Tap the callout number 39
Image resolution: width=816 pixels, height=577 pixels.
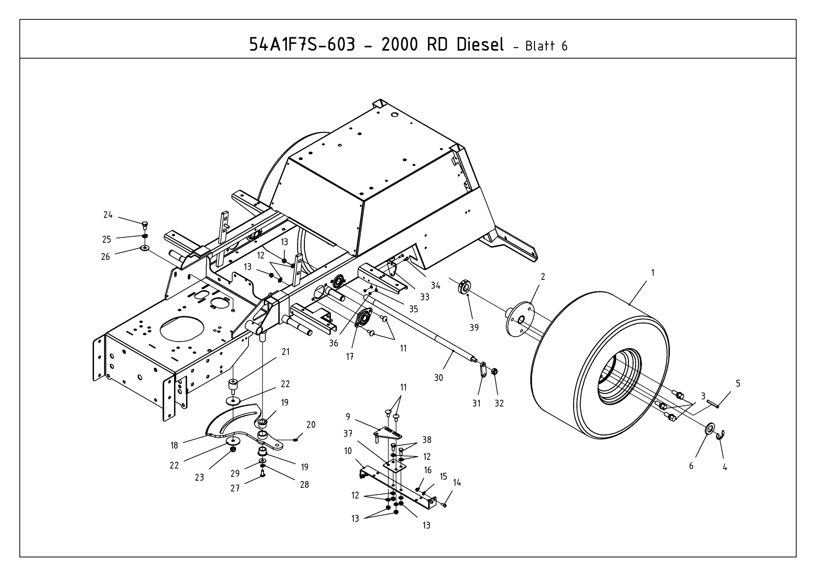pyautogui.click(x=474, y=328)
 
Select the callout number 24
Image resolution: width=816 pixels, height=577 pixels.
pyautogui.click(x=108, y=215)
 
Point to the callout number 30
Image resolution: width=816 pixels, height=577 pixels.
pyautogui.click(x=439, y=377)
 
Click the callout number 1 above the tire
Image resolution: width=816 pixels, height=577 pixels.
pyautogui.click(x=652, y=273)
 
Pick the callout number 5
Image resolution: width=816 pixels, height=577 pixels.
pyautogui.click(x=738, y=384)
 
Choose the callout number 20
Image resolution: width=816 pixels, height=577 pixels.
pyautogui.click(x=311, y=425)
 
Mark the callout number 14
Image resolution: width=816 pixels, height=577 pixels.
pyautogui.click(x=457, y=482)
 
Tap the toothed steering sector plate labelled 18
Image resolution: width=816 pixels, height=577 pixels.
pyautogui.click(x=228, y=425)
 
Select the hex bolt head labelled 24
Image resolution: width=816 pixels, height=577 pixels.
pyautogui.click(x=145, y=224)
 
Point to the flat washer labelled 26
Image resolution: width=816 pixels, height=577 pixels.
pyautogui.click(x=145, y=248)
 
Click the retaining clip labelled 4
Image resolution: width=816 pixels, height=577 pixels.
pyautogui.click(x=721, y=434)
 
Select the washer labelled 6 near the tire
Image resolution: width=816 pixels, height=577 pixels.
pyautogui.click(x=709, y=429)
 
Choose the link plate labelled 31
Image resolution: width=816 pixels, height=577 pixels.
pyautogui.click(x=483, y=369)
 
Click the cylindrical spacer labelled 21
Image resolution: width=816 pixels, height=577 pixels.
pyautogui.click(x=233, y=385)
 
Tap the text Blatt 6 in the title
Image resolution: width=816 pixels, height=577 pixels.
pyautogui.click(x=546, y=46)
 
